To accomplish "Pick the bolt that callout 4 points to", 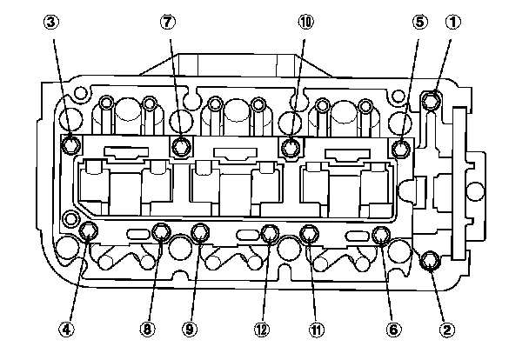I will [88, 231].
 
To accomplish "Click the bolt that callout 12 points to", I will [269, 233].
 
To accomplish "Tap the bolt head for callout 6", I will [379, 235].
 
